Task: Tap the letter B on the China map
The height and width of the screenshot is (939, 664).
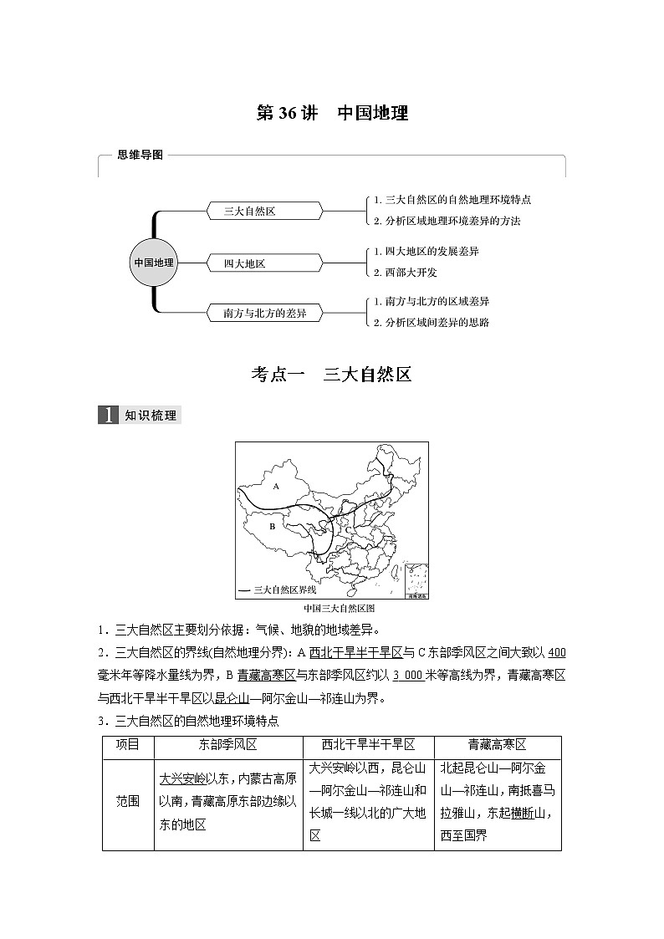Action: click(272, 527)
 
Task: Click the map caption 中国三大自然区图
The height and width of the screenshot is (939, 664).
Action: click(332, 609)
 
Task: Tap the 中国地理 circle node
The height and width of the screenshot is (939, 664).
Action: click(155, 263)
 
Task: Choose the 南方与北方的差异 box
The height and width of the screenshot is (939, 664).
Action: click(265, 314)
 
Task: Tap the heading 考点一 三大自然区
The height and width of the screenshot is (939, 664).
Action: click(332, 374)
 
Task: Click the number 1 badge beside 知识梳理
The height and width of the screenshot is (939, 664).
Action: click(108, 416)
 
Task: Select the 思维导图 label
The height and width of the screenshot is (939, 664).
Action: click(140, 155)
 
